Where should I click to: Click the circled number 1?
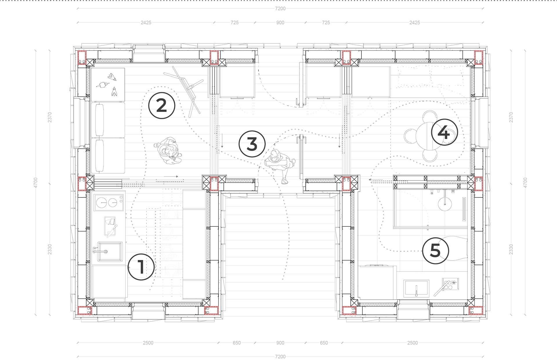coord(141,267)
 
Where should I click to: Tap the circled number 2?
coord(162,106)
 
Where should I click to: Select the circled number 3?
coord(252,144)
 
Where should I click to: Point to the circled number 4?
coord(444,132)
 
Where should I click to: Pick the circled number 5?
coord(435,251)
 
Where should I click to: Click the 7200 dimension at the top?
coord(280,8)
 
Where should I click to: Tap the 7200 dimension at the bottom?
coord(280,357)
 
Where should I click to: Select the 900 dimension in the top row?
coord(280,22)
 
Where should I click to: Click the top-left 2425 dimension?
coord(146,22)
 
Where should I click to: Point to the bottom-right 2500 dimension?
coord(412,343)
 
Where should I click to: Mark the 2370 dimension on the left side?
coord(50,117)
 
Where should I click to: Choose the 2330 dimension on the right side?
coord(511,249)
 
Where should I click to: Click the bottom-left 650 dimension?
coord(237,343)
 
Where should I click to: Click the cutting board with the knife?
coord(110,226)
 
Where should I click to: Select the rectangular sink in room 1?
coord(109,252)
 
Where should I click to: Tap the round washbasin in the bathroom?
coord(444,203)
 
